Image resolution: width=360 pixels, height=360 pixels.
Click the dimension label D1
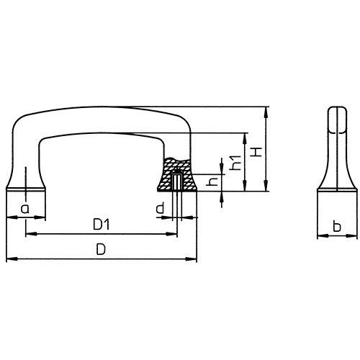(102, 225)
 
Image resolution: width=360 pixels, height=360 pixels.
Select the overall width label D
(102, 250)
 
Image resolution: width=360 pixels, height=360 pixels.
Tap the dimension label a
(25, 209)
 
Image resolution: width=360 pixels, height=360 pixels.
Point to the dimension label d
(159, 209)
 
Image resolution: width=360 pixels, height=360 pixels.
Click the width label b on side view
(336, 228)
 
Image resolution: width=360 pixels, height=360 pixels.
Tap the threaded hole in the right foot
(177, 184)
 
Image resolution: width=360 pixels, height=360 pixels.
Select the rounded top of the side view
(336, 111)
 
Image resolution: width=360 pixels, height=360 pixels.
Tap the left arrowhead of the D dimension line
(9, 259)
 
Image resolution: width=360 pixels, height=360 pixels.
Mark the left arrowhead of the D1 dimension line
(30, 234)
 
